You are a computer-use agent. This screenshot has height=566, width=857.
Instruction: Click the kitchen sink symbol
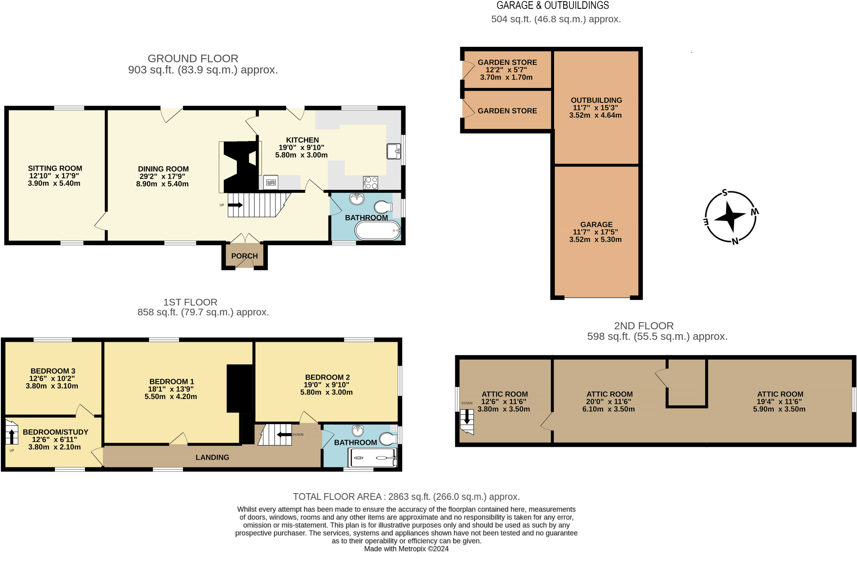tap(393, 151)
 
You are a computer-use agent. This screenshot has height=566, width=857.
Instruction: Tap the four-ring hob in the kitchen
tap(371, 183)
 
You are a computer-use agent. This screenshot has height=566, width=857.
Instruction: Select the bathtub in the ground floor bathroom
tap(378, 230)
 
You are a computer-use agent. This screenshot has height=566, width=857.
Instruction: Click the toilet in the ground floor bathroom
tap(383, 207)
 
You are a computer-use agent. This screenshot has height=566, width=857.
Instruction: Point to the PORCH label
tap(244, 256)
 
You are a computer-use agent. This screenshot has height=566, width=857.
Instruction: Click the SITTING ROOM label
tap(55, 168)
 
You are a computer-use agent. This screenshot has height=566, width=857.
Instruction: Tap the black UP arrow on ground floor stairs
tap(235, 205)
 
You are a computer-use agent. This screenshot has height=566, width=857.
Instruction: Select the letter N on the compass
tap(735, 241)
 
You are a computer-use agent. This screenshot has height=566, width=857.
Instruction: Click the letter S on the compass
tap(725, 193)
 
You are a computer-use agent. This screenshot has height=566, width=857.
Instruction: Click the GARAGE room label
tap(596, 225)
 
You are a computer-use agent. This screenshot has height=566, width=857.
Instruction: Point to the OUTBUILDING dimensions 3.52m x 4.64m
tap(595, 115)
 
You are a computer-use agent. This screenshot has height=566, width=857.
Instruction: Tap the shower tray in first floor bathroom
tap(372, 458)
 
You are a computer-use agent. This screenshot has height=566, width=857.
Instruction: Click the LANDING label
tap(212, 457)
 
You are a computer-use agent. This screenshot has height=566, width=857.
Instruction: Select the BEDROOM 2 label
tap(327, 377)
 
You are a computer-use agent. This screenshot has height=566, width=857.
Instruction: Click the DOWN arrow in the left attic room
tap(467, 417)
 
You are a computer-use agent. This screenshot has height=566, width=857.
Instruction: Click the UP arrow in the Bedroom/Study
tap(12, 436)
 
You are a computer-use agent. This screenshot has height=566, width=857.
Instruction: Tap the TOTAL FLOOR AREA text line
tap(406, 497)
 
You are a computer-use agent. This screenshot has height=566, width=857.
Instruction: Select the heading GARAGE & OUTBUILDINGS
tap(553, 5)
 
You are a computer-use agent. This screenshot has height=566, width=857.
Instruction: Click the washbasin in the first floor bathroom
tap(358, 430)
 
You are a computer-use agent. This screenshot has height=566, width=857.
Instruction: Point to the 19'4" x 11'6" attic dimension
tap(779, 402)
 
